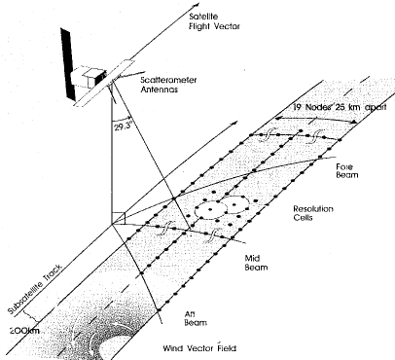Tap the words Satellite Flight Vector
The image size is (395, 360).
point(214,21)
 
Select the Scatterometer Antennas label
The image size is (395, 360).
point(168,85)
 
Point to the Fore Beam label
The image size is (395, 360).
point(347,171)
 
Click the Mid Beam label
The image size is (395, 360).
point(256,263)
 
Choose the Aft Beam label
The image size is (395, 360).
point(196,318)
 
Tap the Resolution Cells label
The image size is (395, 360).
point(313,213)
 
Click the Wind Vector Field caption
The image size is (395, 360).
point(199,348)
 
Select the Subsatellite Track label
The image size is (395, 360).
point(34,290)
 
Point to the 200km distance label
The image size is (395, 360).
point(24,331)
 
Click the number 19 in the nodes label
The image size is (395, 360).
point(298,107)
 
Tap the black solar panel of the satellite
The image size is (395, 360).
point(69,64)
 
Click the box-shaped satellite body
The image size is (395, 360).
point(88,77)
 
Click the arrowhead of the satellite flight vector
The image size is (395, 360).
point(196,6)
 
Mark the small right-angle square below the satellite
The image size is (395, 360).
point(119,218)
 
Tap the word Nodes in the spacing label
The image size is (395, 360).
point(317,107)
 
